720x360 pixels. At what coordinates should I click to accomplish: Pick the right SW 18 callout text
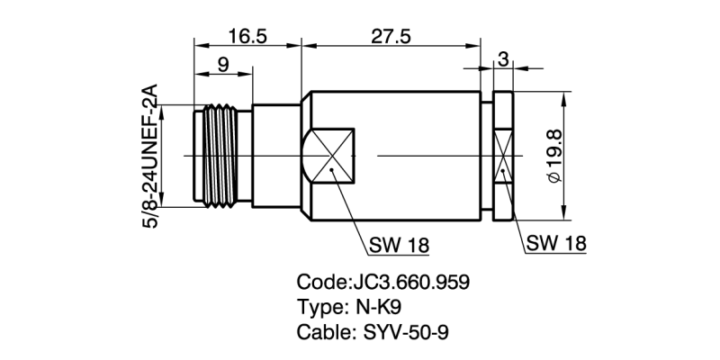click(x=555, y=243)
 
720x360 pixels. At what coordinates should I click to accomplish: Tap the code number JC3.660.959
click(x=409, y=282)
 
